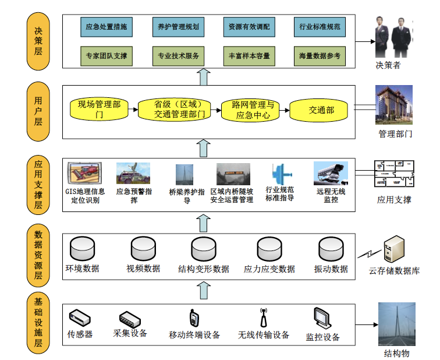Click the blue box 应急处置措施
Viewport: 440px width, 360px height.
pos(107,27)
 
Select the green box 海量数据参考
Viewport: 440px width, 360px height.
pos(320,56)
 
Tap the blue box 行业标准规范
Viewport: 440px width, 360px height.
pos(320,27)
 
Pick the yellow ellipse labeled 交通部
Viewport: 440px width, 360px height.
pos(318,110)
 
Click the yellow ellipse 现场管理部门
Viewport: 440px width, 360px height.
pos(99,110)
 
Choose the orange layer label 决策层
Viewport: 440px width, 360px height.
pos(38,41)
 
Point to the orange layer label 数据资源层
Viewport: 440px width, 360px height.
pos(38,255)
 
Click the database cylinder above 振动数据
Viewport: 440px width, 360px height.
pos(331,249)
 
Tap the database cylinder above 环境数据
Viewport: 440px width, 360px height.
pos(82,249)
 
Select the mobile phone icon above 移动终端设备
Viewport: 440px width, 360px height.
pos(194,318)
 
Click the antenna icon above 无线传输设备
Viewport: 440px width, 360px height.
pos(263,317)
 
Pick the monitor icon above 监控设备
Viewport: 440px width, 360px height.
pos(322,319)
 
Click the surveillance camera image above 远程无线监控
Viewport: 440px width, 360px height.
pos(331,173)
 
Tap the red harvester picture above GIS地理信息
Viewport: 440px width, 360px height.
pos(84,173)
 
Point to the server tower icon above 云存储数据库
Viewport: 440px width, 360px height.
pos(394,249)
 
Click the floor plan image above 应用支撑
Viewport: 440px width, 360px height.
pos(394,174)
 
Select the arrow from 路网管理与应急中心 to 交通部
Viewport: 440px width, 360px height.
pos(284,110)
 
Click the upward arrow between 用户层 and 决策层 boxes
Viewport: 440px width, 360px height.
pos(204,77)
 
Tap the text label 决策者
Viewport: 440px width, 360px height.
pos(388,65)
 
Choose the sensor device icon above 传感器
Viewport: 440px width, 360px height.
pos(80,318)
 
